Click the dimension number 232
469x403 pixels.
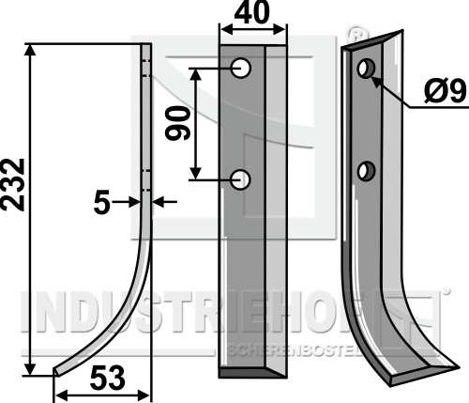point(12,185)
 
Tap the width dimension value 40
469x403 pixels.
point(251,12)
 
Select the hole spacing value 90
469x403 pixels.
point(177,123)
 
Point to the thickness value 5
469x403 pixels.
point(101,204)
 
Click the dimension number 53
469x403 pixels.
point(108,379)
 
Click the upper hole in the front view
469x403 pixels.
point(240,68)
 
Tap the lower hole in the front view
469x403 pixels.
point(240,179)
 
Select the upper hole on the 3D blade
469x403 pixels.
point(366,68)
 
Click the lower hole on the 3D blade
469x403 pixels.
point(366,171)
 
